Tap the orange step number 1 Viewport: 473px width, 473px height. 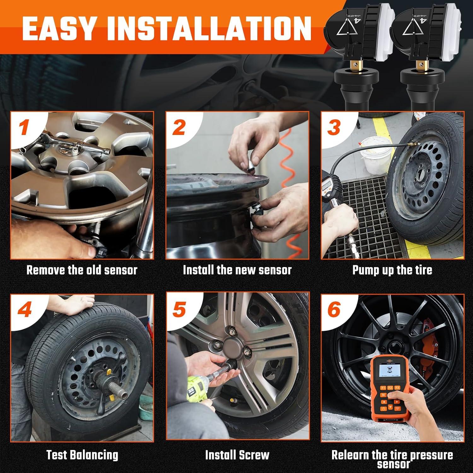(25, 127)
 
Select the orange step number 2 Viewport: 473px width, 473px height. (179, 127)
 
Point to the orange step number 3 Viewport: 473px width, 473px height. (334, 127)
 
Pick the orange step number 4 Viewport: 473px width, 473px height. (25, 310)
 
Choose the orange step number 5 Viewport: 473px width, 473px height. (179, 310)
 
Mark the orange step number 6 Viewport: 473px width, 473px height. (334, 310)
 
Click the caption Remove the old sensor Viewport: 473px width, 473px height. (82, 270)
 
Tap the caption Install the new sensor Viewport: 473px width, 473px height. (237, 270)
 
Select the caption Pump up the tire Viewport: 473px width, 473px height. (392, 270)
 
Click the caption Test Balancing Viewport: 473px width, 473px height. (82, 455)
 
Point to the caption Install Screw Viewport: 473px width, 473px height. (237, 455)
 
